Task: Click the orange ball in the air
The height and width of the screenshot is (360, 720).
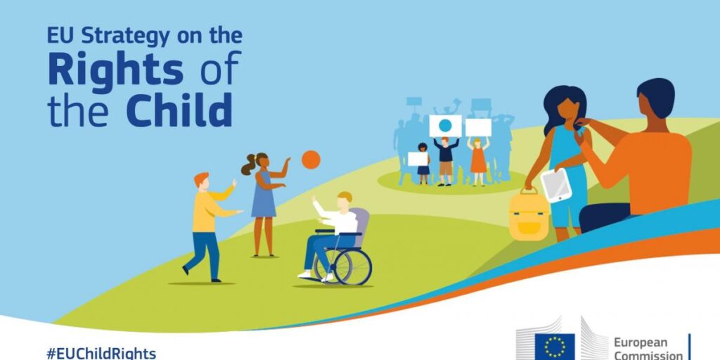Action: point(311,160)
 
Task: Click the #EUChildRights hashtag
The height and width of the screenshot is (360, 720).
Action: point(101,354)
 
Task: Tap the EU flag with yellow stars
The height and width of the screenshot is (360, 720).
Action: point(555,347)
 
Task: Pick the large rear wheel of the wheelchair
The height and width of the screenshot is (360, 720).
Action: point(353,266)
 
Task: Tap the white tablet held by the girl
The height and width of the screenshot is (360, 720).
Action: point(556,185)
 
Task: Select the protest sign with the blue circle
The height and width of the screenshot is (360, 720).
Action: point(445,126)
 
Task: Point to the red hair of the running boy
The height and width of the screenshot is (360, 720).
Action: point(200,178)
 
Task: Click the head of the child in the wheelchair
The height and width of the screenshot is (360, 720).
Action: point(345,200)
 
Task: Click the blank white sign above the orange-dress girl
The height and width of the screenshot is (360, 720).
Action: point(478,127)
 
